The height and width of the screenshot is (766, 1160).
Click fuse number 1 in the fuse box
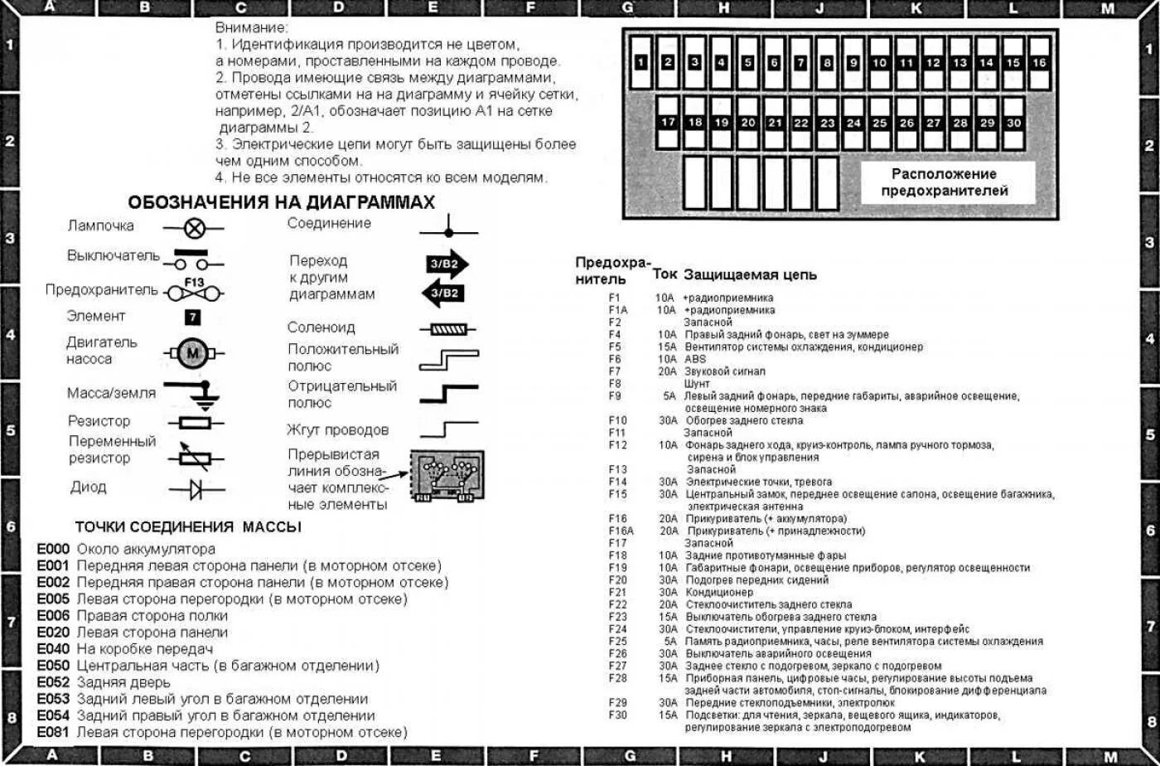tap(642, 62)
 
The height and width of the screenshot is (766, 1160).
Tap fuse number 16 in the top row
tap(1040, 62)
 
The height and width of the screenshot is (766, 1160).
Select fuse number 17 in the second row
tap(669, 122)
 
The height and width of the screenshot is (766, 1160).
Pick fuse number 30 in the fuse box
tap(1013, 122)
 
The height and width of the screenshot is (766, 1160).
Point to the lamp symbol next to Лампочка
tap(193, 226)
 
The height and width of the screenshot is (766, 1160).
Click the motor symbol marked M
tap(193, 352)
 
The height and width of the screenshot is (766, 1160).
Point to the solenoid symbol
tap(447, 329)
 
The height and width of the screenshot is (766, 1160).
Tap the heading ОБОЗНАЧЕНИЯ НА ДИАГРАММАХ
tap(281, 203)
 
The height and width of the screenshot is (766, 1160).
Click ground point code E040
tap(53, 649)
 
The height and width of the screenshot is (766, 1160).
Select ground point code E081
tap(53, 733)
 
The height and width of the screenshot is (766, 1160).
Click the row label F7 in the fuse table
tap(614, 371)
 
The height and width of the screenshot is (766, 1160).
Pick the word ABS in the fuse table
tap(695, 359)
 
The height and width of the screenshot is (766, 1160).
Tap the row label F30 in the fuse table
tap(617, 715)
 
